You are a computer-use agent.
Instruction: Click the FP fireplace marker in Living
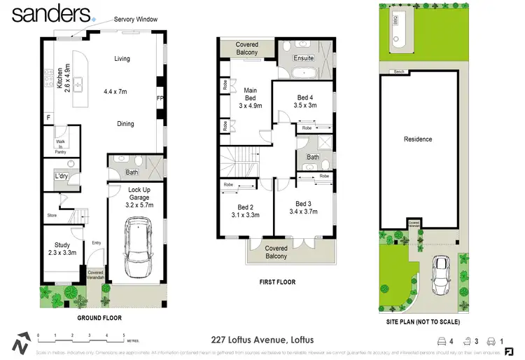point(160,98)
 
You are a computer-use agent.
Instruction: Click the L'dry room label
point(61,176)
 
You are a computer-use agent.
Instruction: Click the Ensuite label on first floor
point(304,58)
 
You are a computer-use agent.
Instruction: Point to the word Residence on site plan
point(418,139)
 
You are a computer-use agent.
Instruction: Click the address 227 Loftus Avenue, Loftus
point(262,340)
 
